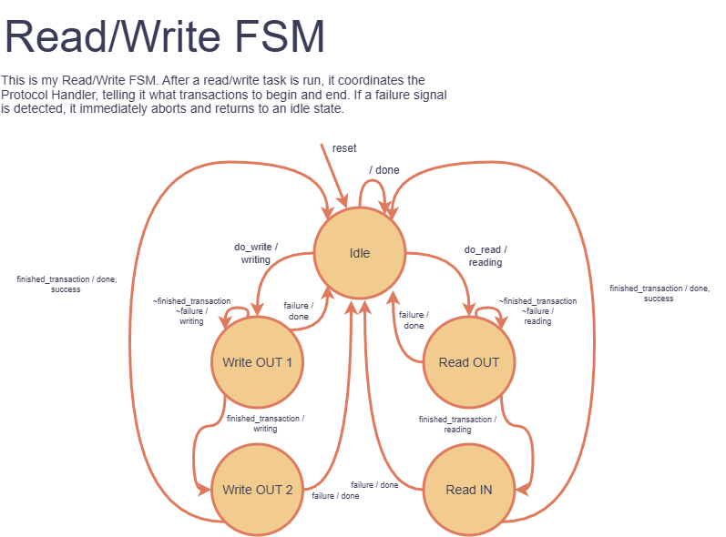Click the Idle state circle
click(359, 253)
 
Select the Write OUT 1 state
click(257, 362)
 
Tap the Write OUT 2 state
click(257, 490)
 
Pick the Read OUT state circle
click(468, 362)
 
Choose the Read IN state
click(468, 490)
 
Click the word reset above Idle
click(344, 147)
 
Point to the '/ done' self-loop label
click(383, 170)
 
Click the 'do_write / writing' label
click(256, 253)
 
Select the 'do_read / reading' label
click(486, 255)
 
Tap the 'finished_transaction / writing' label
click(265, 423)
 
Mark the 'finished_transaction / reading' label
click(457, 424)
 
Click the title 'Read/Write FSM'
click(165, 38)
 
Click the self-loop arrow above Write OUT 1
click(237, 310)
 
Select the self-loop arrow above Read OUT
click(490, 310)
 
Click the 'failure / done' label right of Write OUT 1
click(298, 311)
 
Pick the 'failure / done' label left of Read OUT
click(414, 320)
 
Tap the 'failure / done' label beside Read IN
click(374, 485)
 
